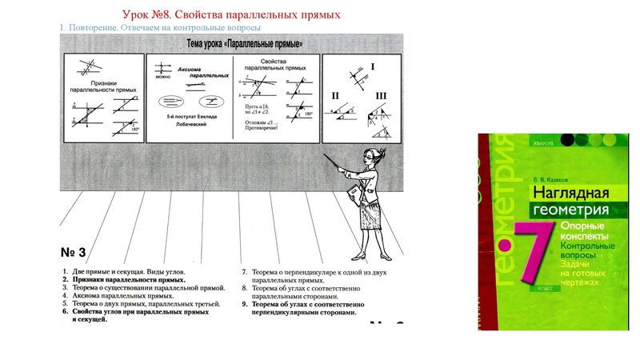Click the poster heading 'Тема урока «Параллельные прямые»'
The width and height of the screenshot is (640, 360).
(x=238, y=42)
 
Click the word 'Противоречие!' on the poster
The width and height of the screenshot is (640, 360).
(x=258, y=128)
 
